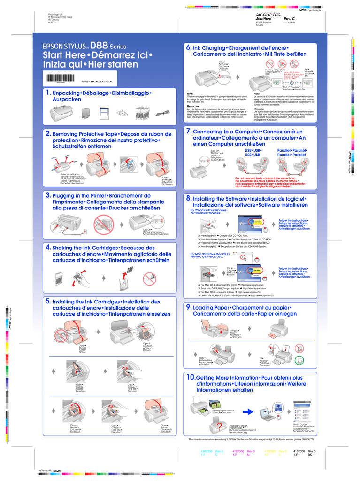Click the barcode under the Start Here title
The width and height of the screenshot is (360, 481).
coord(62,79)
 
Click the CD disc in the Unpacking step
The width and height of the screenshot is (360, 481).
coord(122,113)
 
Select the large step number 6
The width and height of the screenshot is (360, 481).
coord(189,48)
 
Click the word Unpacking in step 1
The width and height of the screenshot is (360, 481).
coord(66,93)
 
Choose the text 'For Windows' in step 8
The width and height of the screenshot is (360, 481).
coord(199,210)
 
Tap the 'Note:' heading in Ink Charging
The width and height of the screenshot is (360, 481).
coord(190,93)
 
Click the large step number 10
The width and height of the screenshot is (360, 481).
coord(191,377)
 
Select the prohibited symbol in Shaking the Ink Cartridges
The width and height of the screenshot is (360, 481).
coord(148,278)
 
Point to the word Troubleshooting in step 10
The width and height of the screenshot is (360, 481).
coord(238,425)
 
